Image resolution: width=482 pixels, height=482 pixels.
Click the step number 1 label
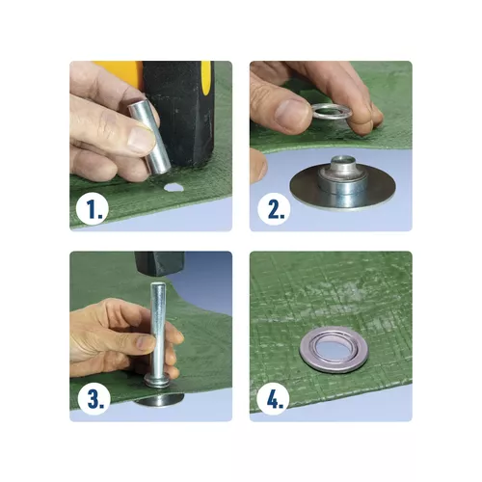click(x=92, y=209)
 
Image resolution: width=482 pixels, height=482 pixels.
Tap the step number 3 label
click(x=95, y=399)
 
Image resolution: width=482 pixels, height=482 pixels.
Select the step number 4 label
click(x=274, y=398)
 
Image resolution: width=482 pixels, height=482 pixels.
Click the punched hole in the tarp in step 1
click(x=173, y=188)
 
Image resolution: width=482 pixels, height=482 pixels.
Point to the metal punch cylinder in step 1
click(x=149, y=137)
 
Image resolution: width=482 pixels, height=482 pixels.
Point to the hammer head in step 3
click(x=160, y=263)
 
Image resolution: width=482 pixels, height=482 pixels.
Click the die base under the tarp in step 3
click(x=159, y=400)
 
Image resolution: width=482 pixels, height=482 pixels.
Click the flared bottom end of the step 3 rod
click(x=159, y=382)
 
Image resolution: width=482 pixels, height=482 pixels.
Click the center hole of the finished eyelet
click(x=328, y=349)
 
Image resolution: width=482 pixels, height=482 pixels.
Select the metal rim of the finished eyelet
click(x=305, y=350)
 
